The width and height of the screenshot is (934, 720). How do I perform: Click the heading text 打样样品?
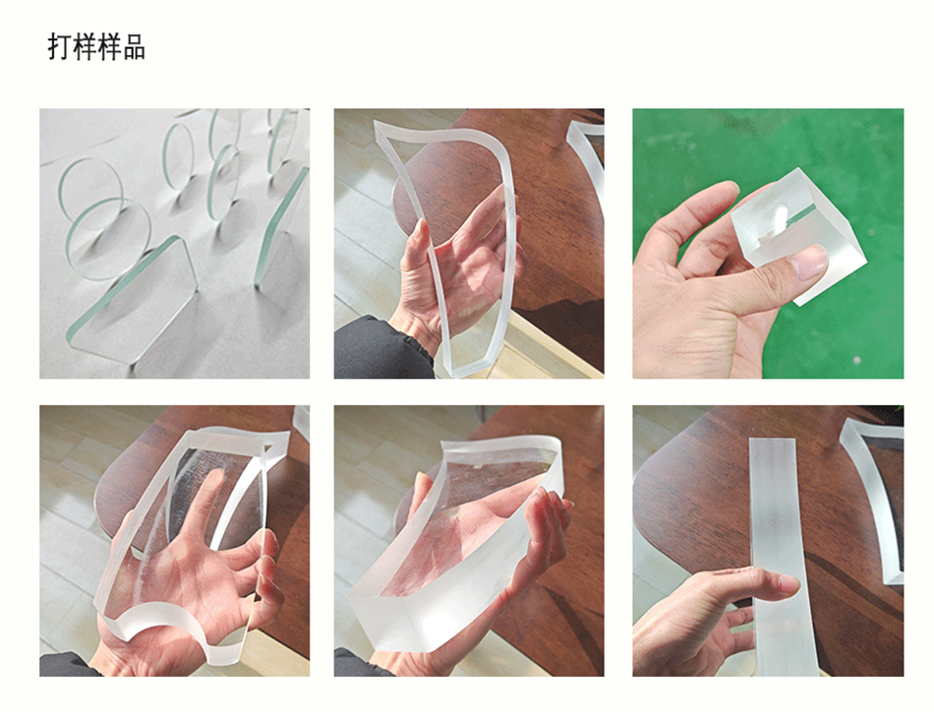(96, 47)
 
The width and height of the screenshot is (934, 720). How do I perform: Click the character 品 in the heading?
(134, 47)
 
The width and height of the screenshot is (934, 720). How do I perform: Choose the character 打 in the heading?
(60, 47)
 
